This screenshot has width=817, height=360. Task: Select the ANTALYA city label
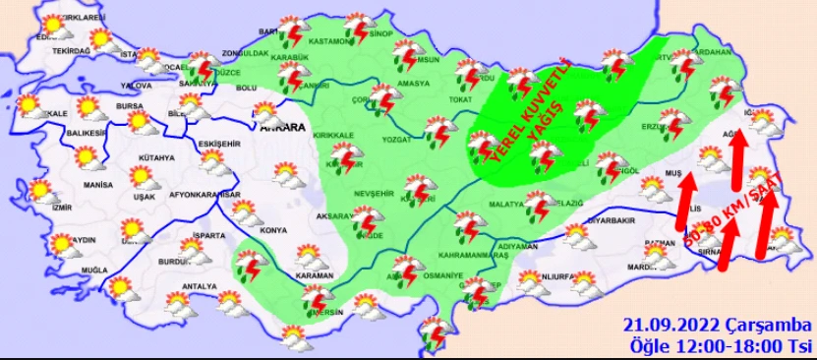185,287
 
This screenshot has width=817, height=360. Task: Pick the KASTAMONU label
328,42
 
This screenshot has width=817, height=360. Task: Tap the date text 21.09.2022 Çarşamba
717,326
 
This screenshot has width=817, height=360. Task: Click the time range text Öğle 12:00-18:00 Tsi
721,345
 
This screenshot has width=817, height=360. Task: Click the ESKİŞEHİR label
218,144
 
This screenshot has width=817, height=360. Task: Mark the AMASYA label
414,84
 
